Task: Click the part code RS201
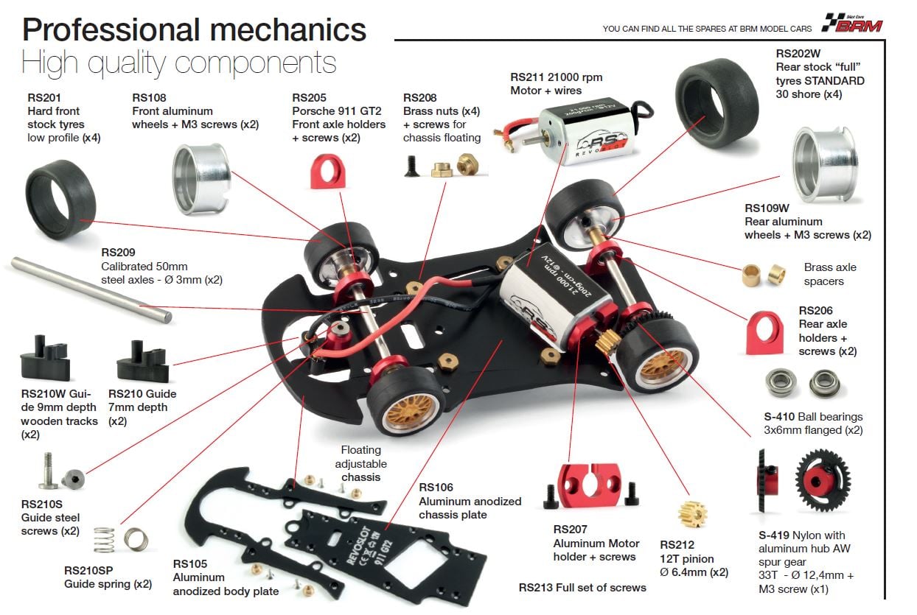tap(44, 97)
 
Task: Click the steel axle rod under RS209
tap(91, 289)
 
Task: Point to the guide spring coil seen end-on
tap(136, 539)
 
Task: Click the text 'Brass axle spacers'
tap(830, 274)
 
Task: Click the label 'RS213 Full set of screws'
tap(582, 587)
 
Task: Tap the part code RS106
tap(436, 488)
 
